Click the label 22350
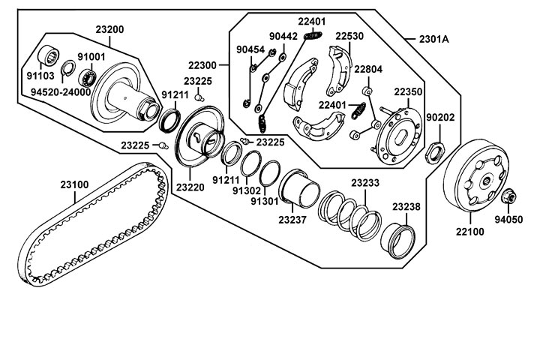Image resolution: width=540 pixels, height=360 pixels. point(409,91)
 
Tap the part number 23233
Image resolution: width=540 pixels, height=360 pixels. point(365,181)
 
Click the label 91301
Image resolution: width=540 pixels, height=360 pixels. point(265,202)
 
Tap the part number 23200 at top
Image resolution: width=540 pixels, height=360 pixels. point(109,29)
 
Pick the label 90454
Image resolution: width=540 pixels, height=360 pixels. point(250,49)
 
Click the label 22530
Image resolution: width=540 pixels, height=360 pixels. point(349,35)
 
